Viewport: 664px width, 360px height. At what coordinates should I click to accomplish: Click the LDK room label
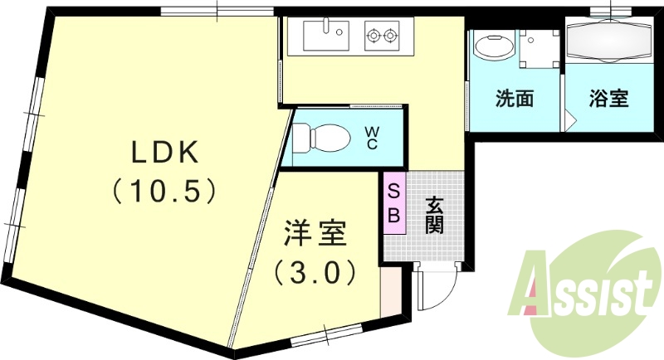[164, 153]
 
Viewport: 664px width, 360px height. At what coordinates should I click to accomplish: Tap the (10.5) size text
[164, 192]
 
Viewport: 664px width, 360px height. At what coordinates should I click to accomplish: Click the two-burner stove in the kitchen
[381, 36]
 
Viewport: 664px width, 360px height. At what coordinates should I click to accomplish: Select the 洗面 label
[514, 99]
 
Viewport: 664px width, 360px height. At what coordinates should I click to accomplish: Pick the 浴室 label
[608, 99]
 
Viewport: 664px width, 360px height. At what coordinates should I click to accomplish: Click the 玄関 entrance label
[435, 214]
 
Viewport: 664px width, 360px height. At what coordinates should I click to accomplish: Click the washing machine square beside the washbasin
[540, 47]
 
